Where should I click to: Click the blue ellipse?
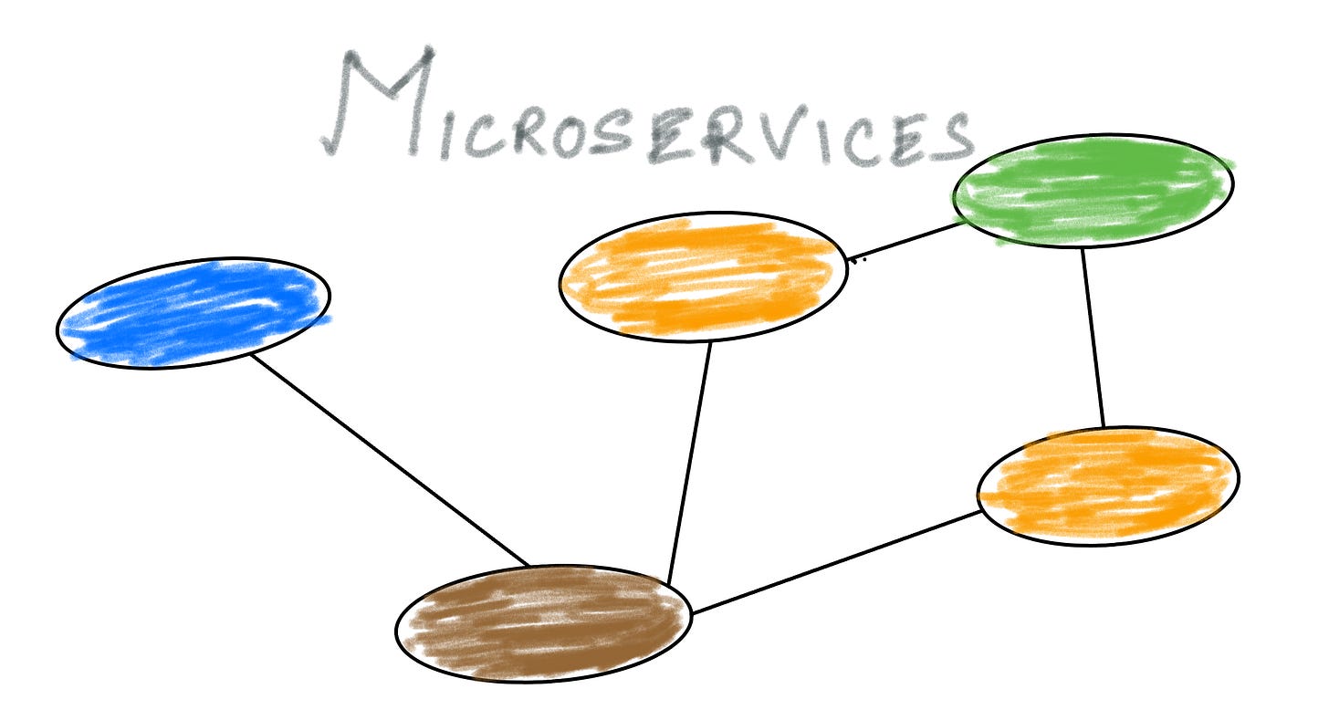[x=194, y=312]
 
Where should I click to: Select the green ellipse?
[x=1093, y=191]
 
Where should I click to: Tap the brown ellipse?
[x=544, y=623]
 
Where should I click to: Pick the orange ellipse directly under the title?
[x=702, y=277]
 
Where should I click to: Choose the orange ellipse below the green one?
[x=1108, y=486]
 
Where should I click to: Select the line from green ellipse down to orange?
[x=1094, y=338]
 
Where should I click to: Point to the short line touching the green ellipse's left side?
[x=904, y=242]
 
